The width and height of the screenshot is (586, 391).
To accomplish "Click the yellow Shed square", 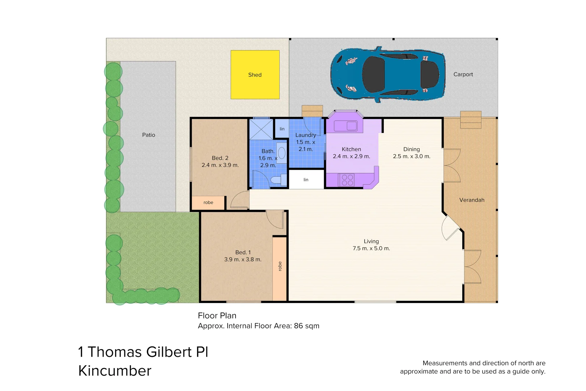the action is (x=255, y=75).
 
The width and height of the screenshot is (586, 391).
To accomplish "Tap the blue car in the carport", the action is (x=388, y=74).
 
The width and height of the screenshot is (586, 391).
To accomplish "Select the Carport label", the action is (x=463, y=74).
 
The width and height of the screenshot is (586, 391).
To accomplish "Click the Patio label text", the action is (x=149, y=135).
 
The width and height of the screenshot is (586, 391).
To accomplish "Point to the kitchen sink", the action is (x=345, y=126).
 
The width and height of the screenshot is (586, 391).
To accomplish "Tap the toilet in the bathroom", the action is (x=279, y=180).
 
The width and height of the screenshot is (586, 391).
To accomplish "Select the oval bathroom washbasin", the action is (x=281, y=153).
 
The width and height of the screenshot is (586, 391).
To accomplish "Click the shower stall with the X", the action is (x=261, y=129).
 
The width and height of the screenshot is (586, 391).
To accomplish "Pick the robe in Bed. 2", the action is (x=208, y=203).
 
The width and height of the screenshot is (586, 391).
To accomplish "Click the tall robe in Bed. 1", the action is (x=280, y=269).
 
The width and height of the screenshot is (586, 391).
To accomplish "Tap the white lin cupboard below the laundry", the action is (x=306, y=180).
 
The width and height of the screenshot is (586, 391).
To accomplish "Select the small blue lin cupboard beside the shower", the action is (x=282, y=129).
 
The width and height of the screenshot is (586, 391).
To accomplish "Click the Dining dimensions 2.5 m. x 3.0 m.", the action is (x=412, y=156).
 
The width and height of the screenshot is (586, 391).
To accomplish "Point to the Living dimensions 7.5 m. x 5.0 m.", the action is (x=371, y=248).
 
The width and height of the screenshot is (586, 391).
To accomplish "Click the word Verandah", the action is (x=472, y=200).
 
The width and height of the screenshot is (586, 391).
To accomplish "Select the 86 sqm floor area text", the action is (x=307, y=326).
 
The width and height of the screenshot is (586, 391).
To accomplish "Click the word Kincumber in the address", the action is (x=115, y=371).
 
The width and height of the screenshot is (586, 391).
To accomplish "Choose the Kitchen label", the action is (x=351, y=149).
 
